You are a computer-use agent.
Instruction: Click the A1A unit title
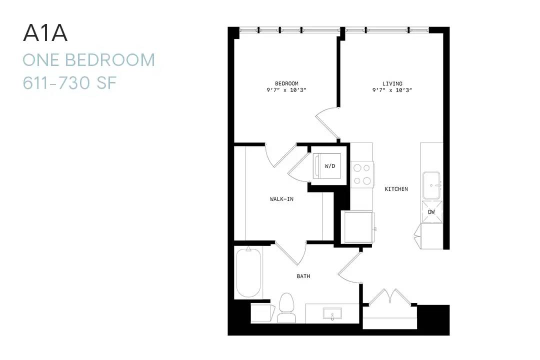pyautogui.click(x=45, y=33)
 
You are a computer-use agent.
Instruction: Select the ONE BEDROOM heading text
pyautogui.click(x=89, y=60)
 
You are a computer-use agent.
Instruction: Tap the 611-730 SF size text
pyautogui.click(x=69, y=82)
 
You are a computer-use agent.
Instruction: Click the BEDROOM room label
pyautogui.click(x=286, y=83)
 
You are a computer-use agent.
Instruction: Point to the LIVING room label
pyautogui.click(x=392, y=83)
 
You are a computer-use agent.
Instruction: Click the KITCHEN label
pyautogui.click(x=396, y=189)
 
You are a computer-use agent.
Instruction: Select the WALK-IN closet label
pyautogui.click(x=281, y=199)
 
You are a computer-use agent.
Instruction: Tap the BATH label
pyautogui.click(x=303, y=276)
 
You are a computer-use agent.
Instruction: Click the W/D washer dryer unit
pyautogui.click(x=327, y=166)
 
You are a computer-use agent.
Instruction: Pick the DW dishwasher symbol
pyautogui.click(x=432, y=212)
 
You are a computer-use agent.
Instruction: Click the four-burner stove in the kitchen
pyautogui.click(x=362, y=174)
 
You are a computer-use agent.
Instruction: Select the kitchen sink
pyautogui.click(x=431, y=185)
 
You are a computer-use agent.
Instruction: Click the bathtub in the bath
pyautogui.click(x=248, y=272)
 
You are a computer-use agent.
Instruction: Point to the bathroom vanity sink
pyautogui.click(x=332, y=314)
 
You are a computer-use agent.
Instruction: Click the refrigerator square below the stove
pyautogui.click(x=358, y=227)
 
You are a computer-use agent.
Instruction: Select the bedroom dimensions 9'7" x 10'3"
pyautogui.click(x=286, y=90)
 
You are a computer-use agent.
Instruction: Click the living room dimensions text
pyautogui.click(x=392, y=90)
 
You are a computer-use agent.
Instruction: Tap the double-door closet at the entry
pyautogui.click(x=390, y=297)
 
